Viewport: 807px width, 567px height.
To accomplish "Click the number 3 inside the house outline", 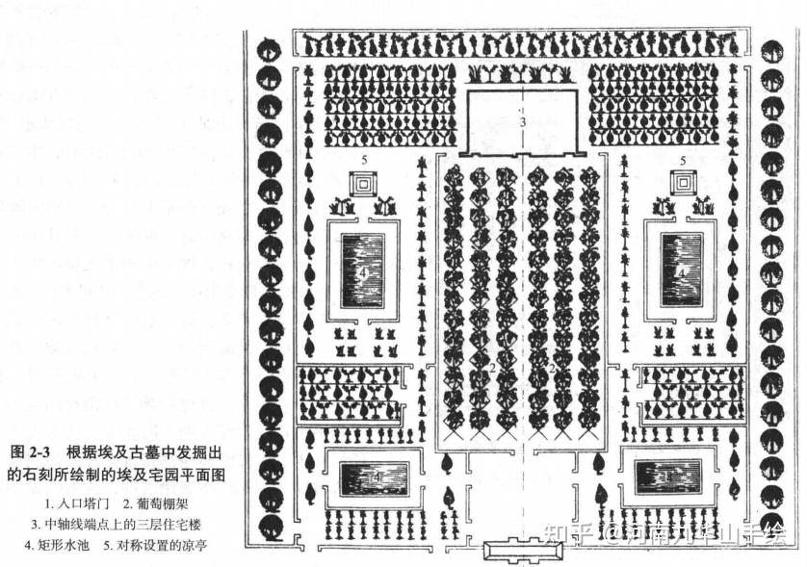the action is (x=521, y=122).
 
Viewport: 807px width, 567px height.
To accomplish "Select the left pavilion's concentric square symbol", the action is (x=364, y=182).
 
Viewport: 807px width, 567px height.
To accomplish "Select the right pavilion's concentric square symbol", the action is (x=684, y=182).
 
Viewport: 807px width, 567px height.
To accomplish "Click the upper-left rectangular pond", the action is (x=362, y=271).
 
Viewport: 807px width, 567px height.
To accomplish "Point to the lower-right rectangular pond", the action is (x=667, y=476).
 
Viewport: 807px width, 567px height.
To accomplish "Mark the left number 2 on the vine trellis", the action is (x=492, y=369).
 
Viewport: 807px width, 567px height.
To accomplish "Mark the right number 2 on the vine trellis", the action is (x=552, y=369).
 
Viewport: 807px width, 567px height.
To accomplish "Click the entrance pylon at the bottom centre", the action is (x=521, y=553).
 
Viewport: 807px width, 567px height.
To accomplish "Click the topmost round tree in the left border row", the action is (x=271, y=49).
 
